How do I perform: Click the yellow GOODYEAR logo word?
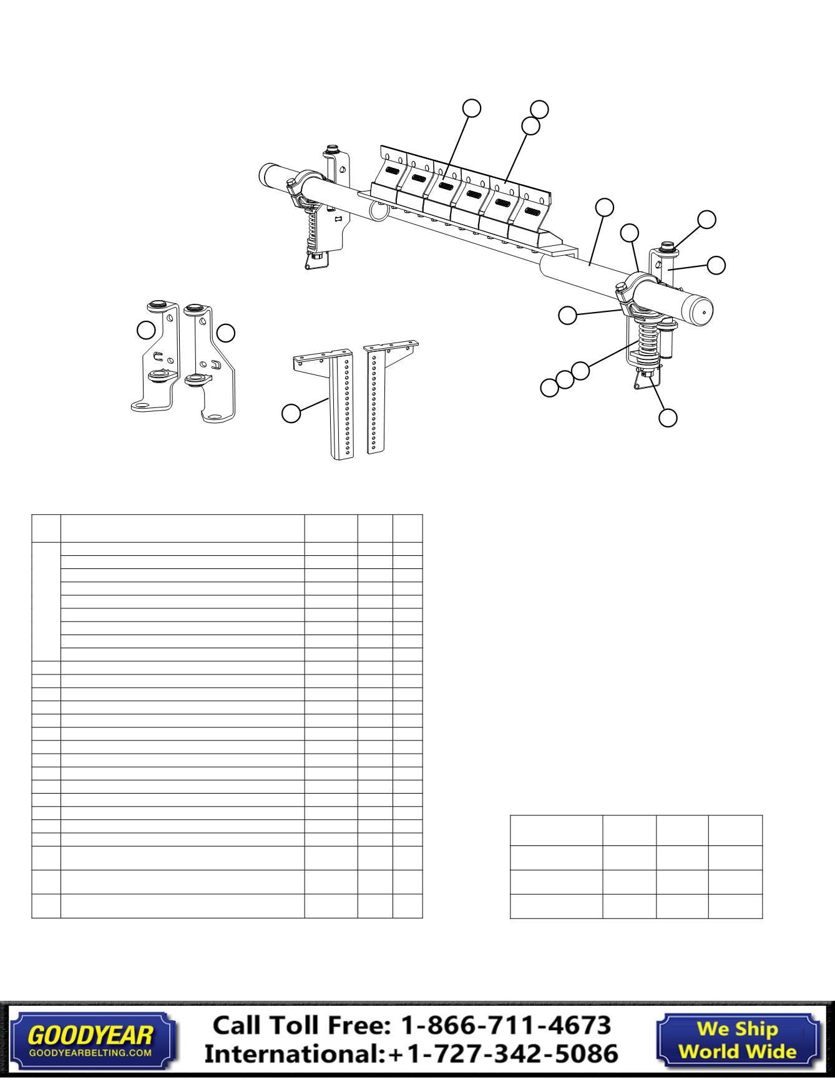coord(90,1035)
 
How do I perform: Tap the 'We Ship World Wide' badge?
coord(737,1040)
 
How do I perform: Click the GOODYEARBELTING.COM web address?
coord(90,1052)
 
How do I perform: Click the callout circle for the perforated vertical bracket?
coord(291,413)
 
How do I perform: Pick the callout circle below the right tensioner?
coord(668,417)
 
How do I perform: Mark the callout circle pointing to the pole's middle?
coord(604,207)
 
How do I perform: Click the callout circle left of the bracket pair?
coord(146,330)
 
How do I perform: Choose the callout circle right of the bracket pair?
coord(226,333)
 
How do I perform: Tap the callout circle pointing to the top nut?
coord(706,219)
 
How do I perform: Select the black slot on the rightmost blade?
coord(531,211)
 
